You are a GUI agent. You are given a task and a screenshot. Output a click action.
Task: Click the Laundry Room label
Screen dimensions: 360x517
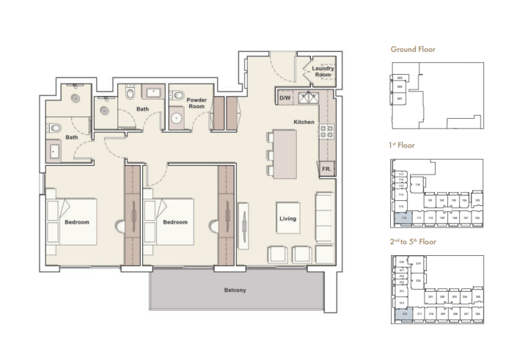point(323,72)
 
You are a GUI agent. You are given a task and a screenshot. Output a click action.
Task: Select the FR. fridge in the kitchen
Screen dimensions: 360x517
point(326,169)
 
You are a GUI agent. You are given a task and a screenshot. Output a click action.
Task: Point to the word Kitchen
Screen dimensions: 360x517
point(304,122)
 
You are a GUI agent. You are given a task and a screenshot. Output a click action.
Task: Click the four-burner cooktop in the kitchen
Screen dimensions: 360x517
point(326,133)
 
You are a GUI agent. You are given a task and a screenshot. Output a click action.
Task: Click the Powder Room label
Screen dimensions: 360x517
point(196,103)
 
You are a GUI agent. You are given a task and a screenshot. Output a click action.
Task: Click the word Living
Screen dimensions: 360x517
point(287,219)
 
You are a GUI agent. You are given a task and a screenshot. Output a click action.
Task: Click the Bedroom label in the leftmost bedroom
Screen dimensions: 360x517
point(77,221)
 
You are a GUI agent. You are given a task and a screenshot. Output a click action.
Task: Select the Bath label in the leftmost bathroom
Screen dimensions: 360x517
point(72,137)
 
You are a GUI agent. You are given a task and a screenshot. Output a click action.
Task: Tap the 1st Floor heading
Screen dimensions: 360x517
point(402,145)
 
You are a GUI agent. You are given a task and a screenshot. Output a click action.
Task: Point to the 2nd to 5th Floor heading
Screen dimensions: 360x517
point(414,241)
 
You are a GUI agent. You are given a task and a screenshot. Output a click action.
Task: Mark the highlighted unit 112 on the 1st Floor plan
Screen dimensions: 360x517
point(403,218)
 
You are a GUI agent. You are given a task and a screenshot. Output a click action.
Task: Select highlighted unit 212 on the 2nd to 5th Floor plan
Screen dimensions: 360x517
point(403,313)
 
